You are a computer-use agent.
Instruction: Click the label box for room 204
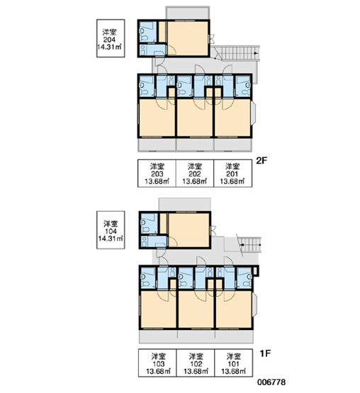click(111, 38)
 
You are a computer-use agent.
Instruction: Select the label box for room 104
click(111, 230)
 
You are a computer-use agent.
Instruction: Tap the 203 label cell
click(157, 173)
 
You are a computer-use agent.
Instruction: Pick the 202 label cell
click(195, 173)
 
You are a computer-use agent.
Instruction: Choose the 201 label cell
click(233, 173)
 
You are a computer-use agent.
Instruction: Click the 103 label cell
click(158, 363)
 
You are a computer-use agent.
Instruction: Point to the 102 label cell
click(196, 363)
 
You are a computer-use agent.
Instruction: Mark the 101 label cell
click(234, 363)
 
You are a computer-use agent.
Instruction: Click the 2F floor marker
click(262, 161)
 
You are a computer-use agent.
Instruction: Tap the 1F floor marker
click(265, 353)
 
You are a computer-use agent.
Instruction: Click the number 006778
click(271, 382)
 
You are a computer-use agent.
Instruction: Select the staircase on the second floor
click(239, 53)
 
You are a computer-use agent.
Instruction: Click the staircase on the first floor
click(250, 244)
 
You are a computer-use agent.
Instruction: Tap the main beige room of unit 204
click(188, 38)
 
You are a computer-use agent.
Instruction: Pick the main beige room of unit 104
click(189, 230)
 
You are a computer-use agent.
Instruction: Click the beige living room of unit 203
click(157, 118)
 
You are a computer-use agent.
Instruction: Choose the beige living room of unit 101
click(234, 309)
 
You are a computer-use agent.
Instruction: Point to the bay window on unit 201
click(254, 114)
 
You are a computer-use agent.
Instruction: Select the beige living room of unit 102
click(196, 309)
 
